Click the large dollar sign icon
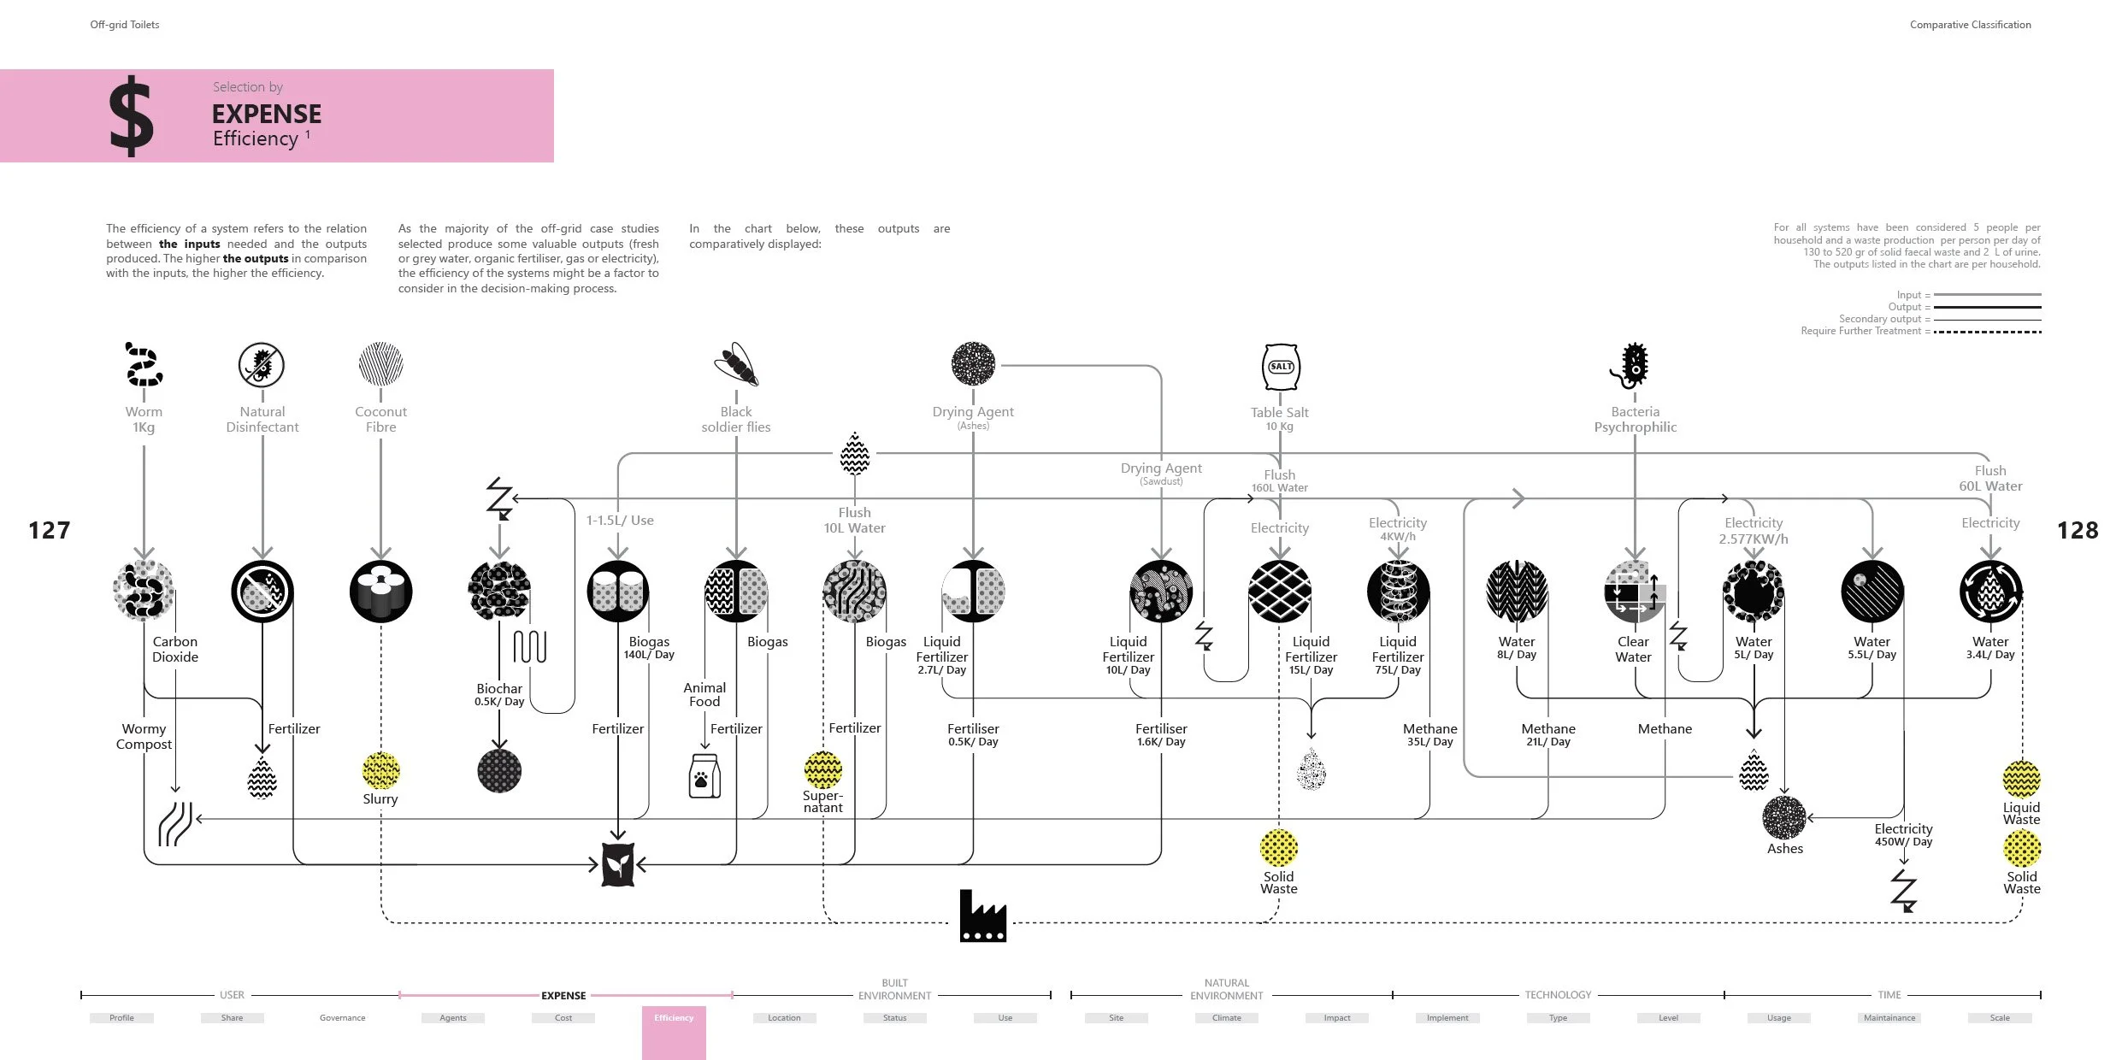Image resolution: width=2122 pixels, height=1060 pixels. tap(132, 115)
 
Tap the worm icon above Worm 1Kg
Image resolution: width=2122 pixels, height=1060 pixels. tap(144, 365)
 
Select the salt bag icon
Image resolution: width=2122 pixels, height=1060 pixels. tap(1280, 367)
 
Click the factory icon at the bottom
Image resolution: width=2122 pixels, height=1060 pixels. tap(982, 916)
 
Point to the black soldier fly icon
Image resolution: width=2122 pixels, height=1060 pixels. tap(737, 365)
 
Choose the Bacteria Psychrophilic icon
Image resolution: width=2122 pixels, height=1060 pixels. tap(1633, 366)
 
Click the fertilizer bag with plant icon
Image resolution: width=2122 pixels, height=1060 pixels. tap(617, 864)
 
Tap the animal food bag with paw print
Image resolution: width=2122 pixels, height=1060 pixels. tap(704, 775)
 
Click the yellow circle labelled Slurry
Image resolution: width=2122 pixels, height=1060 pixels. tap(381, 770)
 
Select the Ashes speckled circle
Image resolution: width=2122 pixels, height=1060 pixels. tap(1784, 818)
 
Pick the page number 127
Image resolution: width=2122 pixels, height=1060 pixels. tap(50, 531)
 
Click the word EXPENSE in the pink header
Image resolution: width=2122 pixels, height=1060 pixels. tap(267, 114)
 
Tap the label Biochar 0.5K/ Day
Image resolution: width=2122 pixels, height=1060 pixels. tap(499, 694)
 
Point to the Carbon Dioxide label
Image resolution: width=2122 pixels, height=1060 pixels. tap(175, 649)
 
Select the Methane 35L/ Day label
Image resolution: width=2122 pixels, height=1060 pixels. tap(1429, 734)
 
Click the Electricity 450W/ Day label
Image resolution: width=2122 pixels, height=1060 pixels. tap(1903, 834)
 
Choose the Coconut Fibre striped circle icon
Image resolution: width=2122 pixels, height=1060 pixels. tap(381, 364)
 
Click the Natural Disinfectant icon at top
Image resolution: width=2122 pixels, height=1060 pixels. tap(262, 365)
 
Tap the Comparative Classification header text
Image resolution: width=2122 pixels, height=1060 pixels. tap(1970, 25)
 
